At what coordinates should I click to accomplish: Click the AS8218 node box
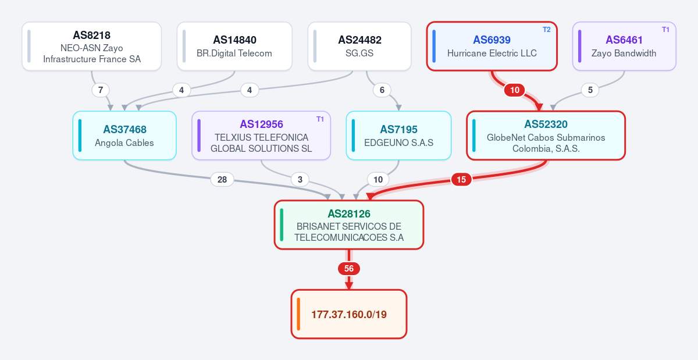[92, 46]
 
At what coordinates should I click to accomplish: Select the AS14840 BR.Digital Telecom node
[234, 46]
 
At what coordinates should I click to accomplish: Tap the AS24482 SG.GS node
[359, 46]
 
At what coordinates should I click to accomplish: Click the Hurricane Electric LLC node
[492, 46]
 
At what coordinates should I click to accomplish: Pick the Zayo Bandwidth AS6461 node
[624, 46]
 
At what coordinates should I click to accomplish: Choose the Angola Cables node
[124, 136]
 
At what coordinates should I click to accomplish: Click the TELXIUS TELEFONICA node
[261, 136]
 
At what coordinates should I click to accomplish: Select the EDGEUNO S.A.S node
[398, 136]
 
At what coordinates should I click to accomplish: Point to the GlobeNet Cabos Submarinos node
[546, 136]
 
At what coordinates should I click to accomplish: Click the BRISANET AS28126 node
[349, 224]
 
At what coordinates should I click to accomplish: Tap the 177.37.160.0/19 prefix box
[349, 314]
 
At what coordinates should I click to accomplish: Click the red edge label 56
[349, 269]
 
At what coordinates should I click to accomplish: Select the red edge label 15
[461, 180]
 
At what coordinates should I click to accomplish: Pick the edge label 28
[222, 180]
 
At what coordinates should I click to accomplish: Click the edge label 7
[100, 90]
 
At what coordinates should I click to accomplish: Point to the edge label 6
[382, 90]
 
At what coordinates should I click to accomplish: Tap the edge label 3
[300, 180]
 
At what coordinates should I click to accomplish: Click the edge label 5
[590, 90]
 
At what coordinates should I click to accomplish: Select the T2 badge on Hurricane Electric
[547, 30]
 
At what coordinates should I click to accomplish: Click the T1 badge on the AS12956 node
[320, 119]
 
